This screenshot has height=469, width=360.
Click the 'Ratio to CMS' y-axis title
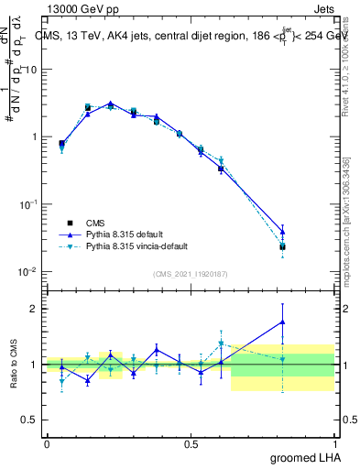point(14,364)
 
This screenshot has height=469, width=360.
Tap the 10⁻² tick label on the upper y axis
point(29,271)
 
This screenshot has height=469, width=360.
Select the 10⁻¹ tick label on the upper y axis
point(29,204)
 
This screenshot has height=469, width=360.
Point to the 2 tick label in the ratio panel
point(37,309)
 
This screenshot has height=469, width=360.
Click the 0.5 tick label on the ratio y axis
point(32,420)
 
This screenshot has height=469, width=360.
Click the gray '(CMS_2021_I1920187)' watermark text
point(191,275)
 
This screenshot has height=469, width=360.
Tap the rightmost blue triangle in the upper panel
point(283,230)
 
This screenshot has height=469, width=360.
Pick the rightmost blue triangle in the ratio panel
point(283,322)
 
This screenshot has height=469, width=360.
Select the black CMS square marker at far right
point(283,246)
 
